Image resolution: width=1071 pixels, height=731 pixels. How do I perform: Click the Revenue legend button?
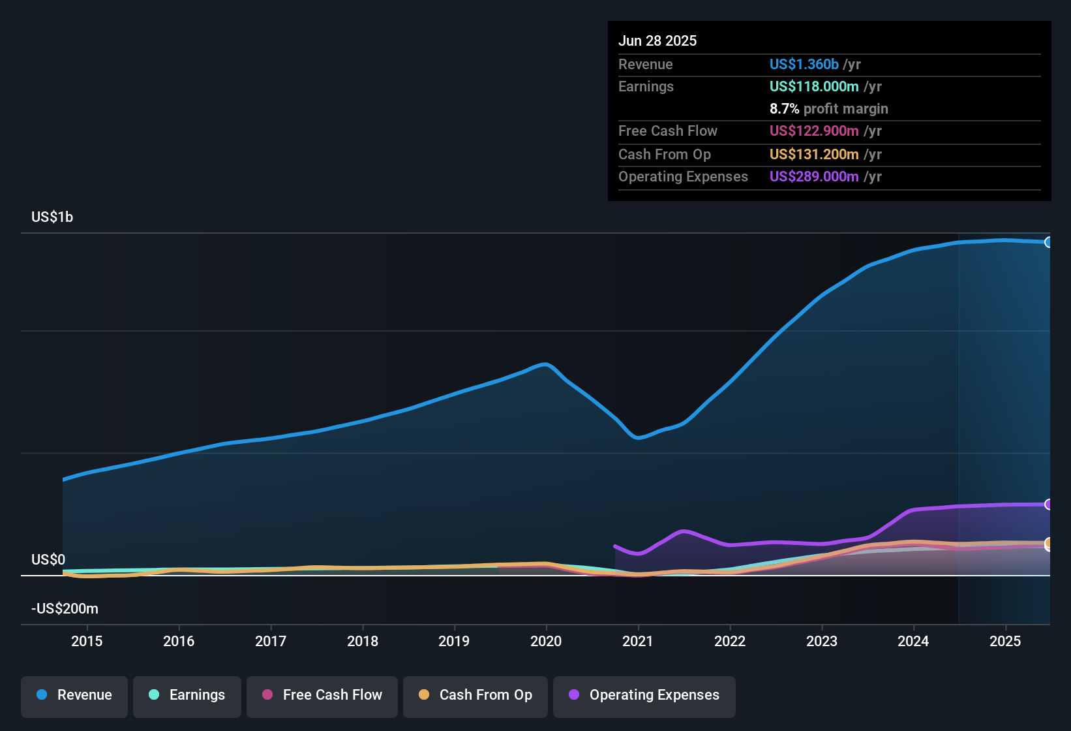click(x=74, y=695)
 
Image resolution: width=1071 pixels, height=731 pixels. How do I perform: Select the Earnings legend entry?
click(x=187, y=695)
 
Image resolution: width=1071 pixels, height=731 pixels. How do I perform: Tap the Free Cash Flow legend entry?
click(x=322, y=695)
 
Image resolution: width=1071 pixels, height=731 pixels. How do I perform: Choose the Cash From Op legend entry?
click(x=475, y=695)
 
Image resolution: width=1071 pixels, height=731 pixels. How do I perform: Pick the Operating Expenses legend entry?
click(x=644, y=695)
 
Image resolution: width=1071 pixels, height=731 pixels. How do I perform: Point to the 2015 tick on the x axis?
click(x=87, y=641)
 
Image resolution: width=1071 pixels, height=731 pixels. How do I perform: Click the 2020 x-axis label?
click(x=546, y=641)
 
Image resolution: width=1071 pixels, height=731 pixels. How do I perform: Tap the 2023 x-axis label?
click(x=822, y=641)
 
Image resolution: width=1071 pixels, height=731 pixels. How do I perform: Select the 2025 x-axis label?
click(x=1005, y=641)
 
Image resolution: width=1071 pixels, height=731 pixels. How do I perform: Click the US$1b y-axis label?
click(x=52, y=217)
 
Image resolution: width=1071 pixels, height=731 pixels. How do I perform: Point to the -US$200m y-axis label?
click(x=65, y=608)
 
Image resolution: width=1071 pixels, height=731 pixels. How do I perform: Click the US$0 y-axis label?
click(x=48, y=559)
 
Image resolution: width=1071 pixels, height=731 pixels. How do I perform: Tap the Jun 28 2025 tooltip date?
click(x=657, y=40)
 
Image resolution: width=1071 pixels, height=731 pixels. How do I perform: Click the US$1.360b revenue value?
click(x=804, y=64)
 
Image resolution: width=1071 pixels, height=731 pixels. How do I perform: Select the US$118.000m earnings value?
click(x=813, y=86)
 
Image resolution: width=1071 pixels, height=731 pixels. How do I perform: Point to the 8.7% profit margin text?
click(x=828, y=108)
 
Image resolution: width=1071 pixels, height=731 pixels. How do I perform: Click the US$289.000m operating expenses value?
click(x=813, y=176)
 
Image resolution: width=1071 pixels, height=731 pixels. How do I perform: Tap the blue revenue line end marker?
click(x=1049, y=242)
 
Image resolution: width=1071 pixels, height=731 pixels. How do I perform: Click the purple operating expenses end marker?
click(x=1049, y=504)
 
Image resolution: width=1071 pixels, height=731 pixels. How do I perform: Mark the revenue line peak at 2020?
click(x=545, y=364)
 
